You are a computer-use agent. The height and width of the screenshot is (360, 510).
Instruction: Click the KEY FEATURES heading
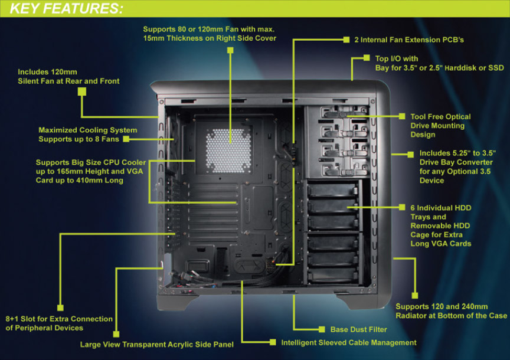[67, 9]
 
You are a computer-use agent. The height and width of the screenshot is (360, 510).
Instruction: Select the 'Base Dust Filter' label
[359, 329]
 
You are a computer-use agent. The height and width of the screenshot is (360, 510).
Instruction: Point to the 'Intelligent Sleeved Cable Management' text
[348, 342]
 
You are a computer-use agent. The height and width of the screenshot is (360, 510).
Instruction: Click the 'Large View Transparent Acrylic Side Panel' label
[156, 344]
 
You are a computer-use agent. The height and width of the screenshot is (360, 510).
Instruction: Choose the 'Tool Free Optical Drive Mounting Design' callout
[437, 126]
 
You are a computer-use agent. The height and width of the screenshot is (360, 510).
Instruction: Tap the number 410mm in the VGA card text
[73, 181]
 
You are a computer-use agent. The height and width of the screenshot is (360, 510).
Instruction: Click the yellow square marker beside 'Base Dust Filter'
[322, 329]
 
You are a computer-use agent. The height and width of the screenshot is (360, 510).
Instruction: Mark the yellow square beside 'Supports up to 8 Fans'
[126, 139]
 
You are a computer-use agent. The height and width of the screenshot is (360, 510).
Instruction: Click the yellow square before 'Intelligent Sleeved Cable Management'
[273, 342]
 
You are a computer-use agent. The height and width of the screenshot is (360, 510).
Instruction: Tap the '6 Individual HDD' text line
[440, 208]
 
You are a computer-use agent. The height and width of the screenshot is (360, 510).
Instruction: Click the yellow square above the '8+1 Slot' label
[59, 307]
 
